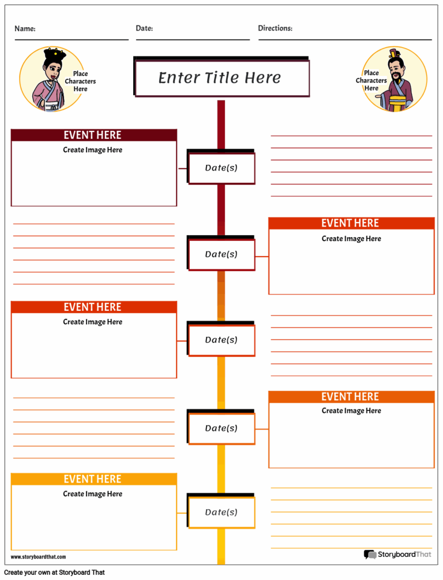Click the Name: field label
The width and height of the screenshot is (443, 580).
point(25,29)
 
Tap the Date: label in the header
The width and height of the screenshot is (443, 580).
point(144,28)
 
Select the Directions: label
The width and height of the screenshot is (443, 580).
point(275,28)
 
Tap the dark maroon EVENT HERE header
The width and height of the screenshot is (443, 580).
point(93,135)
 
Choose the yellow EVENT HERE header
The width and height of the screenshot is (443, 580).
point(93,479)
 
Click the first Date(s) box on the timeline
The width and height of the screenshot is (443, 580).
point(221,168)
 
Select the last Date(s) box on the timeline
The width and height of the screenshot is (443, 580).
point(221,512)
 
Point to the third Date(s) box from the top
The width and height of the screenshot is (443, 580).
point(221,340)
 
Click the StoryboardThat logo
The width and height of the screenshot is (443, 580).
point(398,555)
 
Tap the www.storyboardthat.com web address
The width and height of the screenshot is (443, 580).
point(39,557)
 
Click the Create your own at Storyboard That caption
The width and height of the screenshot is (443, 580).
point(54,573)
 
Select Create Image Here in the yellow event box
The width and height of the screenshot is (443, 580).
point(92,494)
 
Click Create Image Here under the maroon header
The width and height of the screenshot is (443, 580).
point(92,150)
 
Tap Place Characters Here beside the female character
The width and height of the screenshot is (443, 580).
point(80,82)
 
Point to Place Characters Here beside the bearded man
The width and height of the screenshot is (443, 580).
point(371,80)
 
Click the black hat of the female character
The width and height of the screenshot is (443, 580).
point(55,55)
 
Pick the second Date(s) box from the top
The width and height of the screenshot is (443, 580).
point(221,254)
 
